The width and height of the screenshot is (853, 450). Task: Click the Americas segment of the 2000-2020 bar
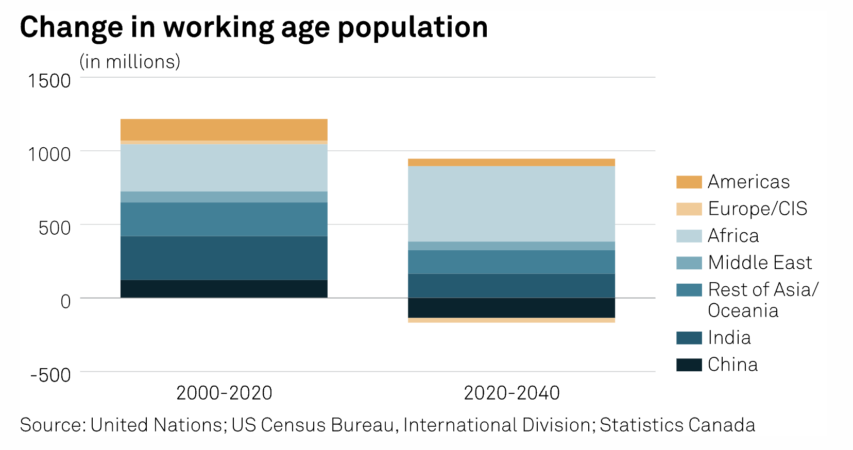pyautogui.click(x=224, y=129)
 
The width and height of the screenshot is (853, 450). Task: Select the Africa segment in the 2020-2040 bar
pyautogui.click(x=511, y=203)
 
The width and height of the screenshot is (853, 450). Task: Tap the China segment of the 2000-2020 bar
pyautogui.click(x=224, y=288)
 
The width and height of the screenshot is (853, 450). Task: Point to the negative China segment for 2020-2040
pyautogui.click(x=511, y=307)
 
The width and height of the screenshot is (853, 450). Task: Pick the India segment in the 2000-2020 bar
pyautogui.click(x=224, y=257)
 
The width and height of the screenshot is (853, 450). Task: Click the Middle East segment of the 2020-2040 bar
pyautogui.click(x=511, y=246)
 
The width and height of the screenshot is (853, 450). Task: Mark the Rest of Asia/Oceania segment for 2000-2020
pyautogui.click(x=224, y=219)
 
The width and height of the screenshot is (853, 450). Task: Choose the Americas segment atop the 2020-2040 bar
pyautogui.click(x=511, y=162)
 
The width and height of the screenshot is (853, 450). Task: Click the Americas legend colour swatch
pyautogui.click(x=689, y=182)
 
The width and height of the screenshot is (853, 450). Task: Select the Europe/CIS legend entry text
pyautogui.click(x=757, y=209)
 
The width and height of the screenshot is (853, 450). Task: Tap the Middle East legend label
pyautogui.click(x=760, y=263)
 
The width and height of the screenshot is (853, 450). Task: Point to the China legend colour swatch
pyautogui.click(x=689, y=365)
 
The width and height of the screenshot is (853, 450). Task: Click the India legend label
pyautogui.click(x=729, y=338)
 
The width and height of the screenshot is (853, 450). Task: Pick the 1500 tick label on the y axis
pyautogui.click(x=49, y=81)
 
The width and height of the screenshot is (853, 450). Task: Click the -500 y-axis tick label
pyautogui.click(x=50, y=375)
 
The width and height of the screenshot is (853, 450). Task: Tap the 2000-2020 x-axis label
pyautogui.click(x=224, y=393)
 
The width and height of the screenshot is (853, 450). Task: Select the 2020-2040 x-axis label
pyautogui.click(x=511, y=393)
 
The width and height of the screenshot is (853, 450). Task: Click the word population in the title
pyautogui.click(x=413, y=28)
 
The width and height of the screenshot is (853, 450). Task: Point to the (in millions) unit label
pyautogui.click(x=130, y=62)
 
